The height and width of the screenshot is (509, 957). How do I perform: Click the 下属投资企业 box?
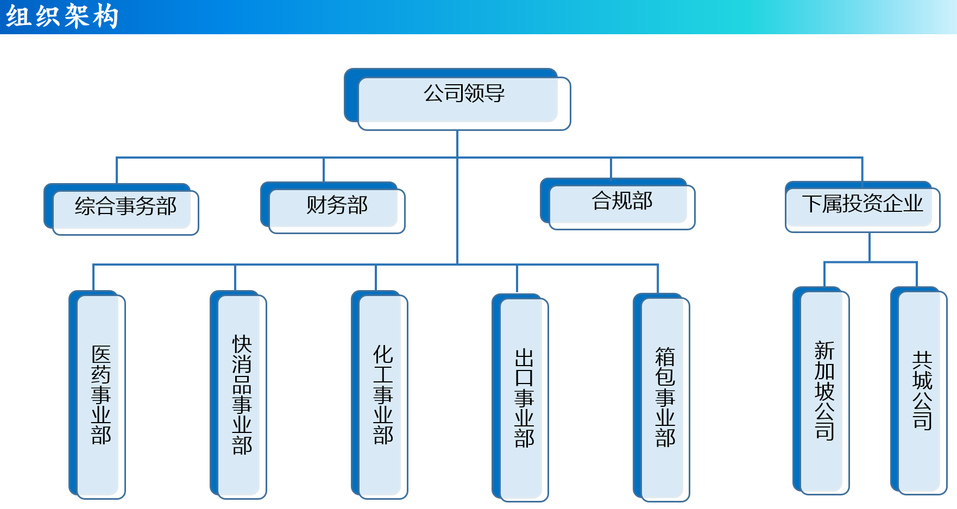point(862,207)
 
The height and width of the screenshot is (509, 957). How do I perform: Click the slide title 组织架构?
point(62,16)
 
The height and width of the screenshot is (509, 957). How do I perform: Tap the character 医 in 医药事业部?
point(101,354)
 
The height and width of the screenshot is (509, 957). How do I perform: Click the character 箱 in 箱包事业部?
point(665,357)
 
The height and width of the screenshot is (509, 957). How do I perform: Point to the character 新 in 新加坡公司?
point(824,350)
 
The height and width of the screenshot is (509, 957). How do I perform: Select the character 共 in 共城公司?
point(922,360)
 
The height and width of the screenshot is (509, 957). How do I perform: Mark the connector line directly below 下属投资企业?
point(870,247)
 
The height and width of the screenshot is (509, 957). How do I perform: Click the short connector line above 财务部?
point(324,170)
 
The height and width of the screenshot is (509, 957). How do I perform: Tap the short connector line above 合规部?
point(611,168)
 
